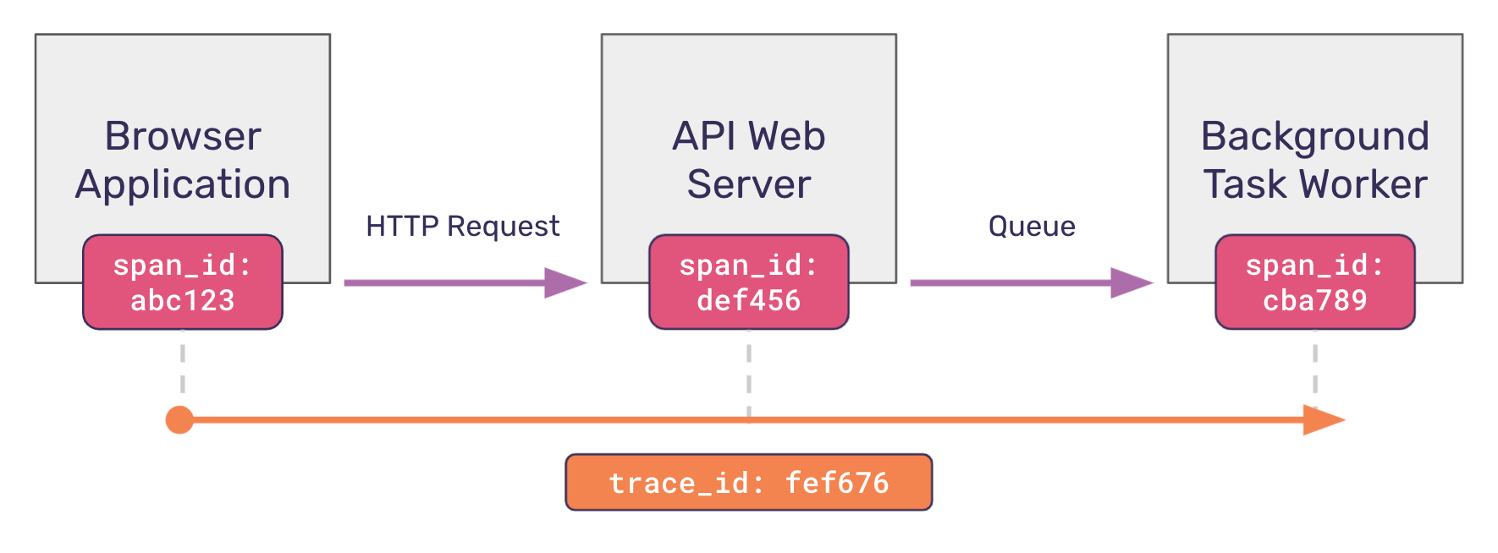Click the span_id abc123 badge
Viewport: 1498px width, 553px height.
point(183,282)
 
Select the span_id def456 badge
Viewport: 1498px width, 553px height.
point(749,282)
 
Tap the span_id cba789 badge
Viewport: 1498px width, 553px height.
point(1315,282)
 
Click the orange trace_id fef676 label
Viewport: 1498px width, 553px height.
point(749,483)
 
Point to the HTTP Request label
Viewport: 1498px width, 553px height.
point(462,227)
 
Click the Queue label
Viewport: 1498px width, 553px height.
point(1032,227)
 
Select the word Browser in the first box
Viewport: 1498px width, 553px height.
point(183,136)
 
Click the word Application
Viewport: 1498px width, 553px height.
point(183,184)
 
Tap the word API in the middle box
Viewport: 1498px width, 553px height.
point(703,136)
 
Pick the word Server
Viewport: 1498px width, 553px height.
point(749,184)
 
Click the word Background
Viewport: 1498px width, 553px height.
point(1315,136)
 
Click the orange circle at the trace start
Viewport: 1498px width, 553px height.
point(179,419)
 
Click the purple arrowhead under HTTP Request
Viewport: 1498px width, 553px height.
point(565,282)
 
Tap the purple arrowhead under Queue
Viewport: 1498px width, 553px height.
point(1131,282)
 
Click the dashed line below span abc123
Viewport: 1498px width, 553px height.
point(183,364)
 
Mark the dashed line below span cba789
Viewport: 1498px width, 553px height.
point(1315,364)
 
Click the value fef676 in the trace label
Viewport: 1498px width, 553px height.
point(837,483)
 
